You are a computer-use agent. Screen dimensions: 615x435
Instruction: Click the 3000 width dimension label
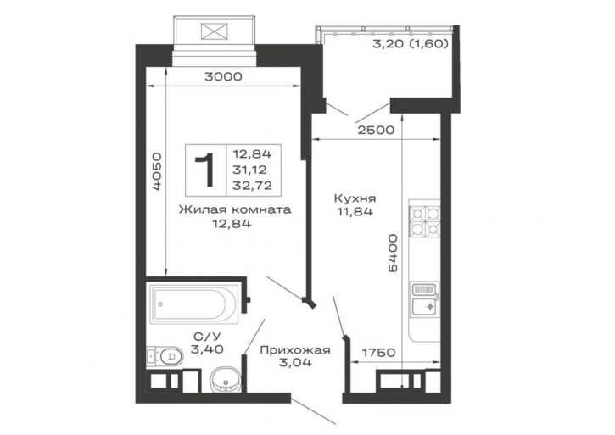[223, 76]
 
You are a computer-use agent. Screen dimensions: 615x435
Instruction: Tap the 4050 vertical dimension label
[156, 171]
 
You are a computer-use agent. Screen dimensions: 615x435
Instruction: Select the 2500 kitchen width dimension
[376, 130]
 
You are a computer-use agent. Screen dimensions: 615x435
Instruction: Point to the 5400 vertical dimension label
[392, 253]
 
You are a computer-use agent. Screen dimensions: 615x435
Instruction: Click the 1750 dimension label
[378, 353]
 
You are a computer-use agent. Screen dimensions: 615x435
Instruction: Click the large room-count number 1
[205, 170]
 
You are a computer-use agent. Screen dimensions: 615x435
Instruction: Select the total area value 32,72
[252, 186]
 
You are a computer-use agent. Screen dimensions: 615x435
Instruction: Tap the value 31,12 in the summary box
[249, 170]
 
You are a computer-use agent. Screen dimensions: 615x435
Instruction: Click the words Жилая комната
[235, 209]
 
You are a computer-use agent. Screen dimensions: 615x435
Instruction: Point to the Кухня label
[355, 198]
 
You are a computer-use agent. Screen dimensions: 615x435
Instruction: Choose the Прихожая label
[295, 350]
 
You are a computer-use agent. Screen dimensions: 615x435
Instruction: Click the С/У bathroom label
[208, 336]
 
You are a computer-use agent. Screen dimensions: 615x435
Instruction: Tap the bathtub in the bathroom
[195, 304]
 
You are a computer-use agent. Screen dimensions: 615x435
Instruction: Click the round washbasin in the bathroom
[225, 380]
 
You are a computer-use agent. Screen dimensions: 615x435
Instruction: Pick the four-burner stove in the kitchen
[424, 221]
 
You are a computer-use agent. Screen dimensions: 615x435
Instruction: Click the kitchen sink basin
[424, 307]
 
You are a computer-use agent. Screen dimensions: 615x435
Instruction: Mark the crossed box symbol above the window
[214, 31]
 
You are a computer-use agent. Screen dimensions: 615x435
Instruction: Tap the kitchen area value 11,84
[355, 212]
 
